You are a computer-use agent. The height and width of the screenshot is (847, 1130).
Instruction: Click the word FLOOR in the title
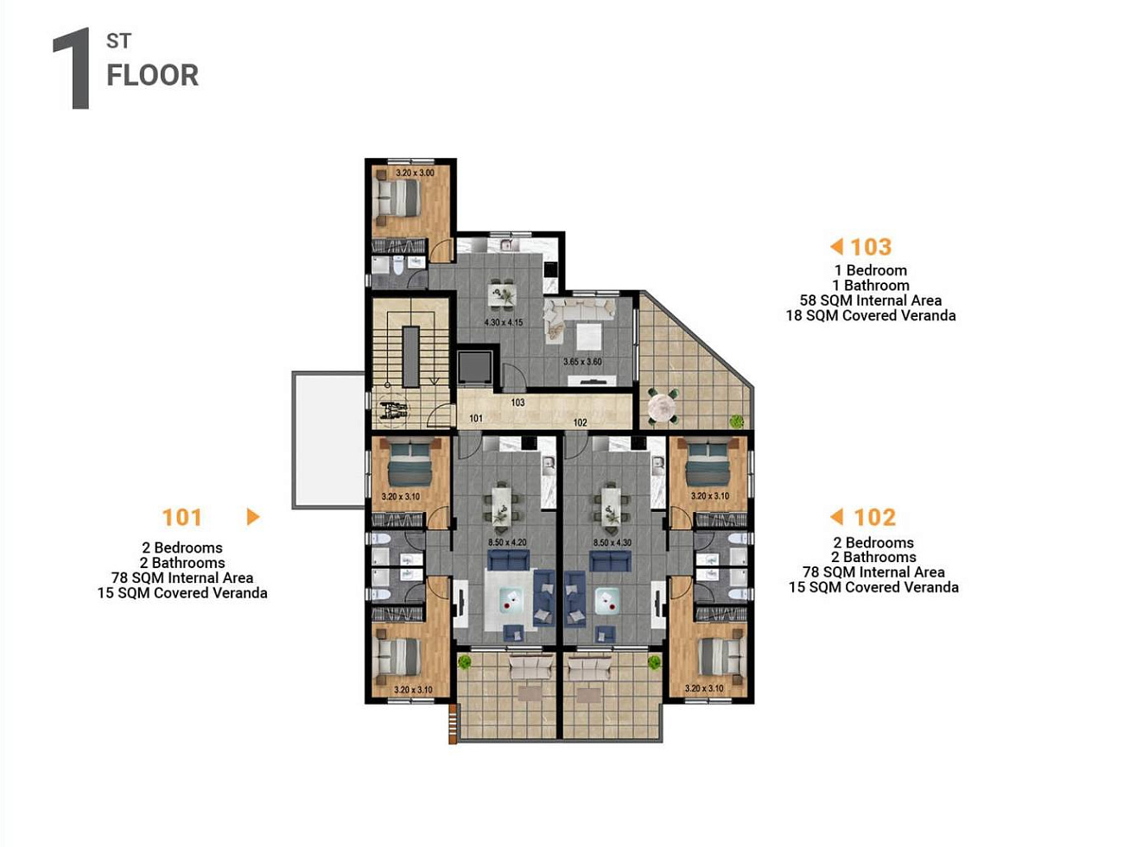click(x=152, y=76)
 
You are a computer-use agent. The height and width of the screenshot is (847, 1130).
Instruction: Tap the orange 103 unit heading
click(x=871, y=247)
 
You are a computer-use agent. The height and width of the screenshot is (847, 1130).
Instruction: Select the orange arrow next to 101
click(x=253, y=517)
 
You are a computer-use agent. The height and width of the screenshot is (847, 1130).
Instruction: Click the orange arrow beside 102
click(x=836, y=517)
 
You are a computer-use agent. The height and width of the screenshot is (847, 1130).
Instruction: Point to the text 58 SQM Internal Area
click(x=871, y=300)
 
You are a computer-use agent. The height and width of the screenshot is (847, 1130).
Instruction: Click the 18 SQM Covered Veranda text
click(x=871, y=316)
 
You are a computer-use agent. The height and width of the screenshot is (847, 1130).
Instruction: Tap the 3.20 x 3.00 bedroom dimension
click(x=415, y=173)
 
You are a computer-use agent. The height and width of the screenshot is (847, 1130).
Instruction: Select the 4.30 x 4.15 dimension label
click(x=504, y=322)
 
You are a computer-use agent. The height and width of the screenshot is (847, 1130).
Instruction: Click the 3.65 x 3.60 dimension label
click(x=582, y=362)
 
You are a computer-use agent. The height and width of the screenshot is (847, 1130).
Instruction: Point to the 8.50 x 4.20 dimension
click(x=508, y=542)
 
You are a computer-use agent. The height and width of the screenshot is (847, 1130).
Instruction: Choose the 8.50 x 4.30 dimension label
click(x=613, y=542)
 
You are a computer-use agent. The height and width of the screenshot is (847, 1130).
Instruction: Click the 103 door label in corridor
click(x=517, y=402)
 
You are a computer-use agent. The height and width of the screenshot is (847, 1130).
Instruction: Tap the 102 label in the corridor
click(x=581, y=423)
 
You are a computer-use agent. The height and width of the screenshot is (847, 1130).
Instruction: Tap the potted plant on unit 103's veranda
click(x=737, y=421)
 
